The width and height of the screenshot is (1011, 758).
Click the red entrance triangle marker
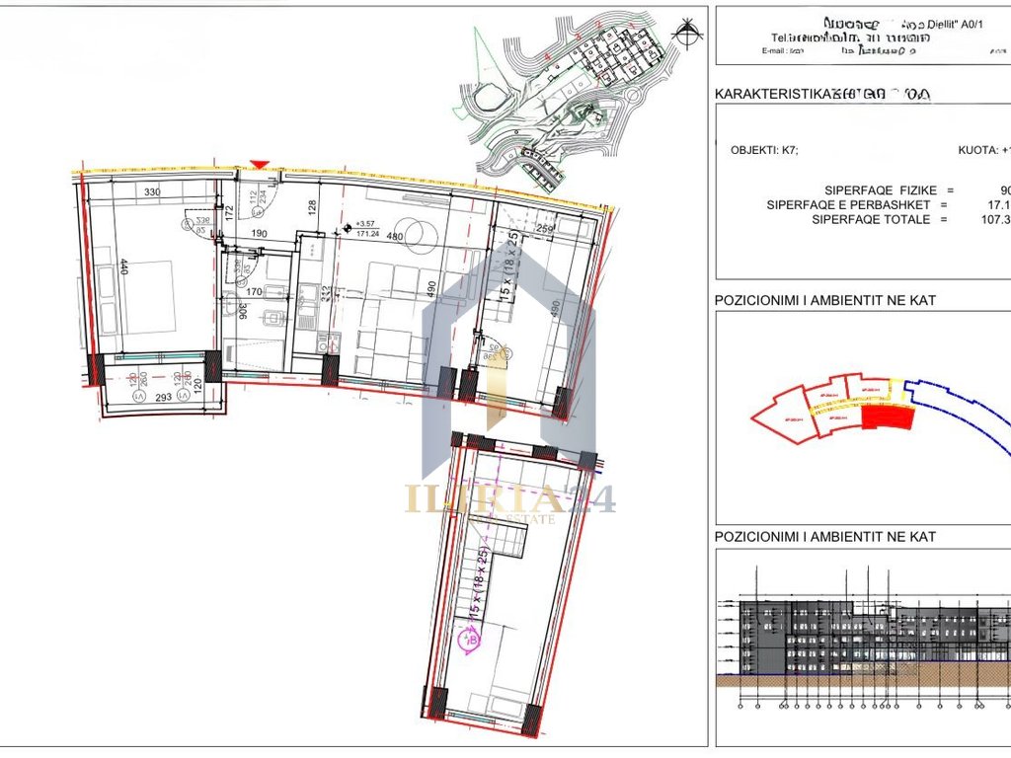tap(260, 165)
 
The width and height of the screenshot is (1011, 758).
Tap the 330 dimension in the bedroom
tap(151, 192)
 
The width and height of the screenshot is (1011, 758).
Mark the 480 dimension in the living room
tap(396, 236)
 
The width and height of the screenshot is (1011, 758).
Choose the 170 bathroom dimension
tap(255, 291)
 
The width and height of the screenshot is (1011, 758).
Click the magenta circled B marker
tap(470, 640)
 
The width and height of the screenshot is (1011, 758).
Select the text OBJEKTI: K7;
tap(765, 151)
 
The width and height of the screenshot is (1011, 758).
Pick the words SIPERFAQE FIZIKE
tap(876, 190)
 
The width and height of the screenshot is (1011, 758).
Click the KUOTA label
tap(977, 151)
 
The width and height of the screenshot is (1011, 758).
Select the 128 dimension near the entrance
tap(311, 207)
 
